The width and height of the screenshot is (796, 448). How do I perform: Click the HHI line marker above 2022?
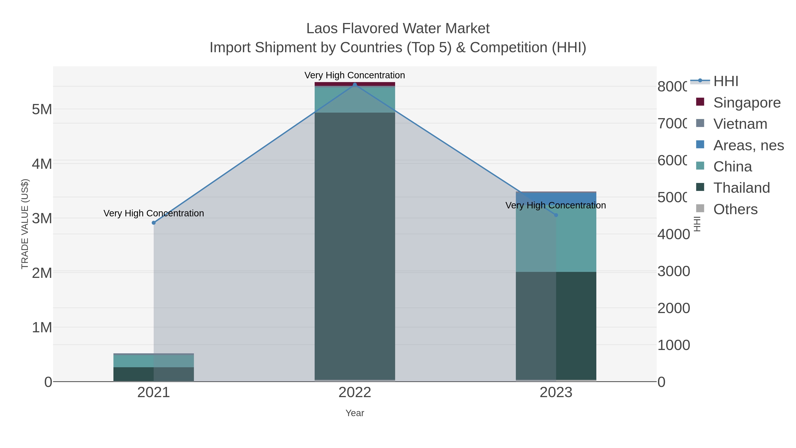coord(355,85)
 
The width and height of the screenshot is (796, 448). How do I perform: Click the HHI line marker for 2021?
coord(154,223)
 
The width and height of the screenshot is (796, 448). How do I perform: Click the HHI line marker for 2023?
coord(556,215)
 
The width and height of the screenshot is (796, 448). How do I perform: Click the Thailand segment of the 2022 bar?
coord(355,247)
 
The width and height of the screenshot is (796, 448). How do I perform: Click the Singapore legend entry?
coord(746,103)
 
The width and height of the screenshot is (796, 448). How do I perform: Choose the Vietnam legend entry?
coord(740,124)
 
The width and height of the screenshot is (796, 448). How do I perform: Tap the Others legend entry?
coord(735,209)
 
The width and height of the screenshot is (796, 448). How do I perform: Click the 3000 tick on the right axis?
coord(673,271)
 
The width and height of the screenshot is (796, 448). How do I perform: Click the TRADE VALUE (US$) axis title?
coord(25,224)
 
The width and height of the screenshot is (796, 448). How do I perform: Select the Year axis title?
coord(355,413)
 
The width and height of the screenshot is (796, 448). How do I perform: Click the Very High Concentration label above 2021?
coord(154,213)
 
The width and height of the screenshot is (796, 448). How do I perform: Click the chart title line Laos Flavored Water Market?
coord(398,29)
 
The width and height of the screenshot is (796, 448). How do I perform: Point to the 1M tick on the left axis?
coord(42,327)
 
